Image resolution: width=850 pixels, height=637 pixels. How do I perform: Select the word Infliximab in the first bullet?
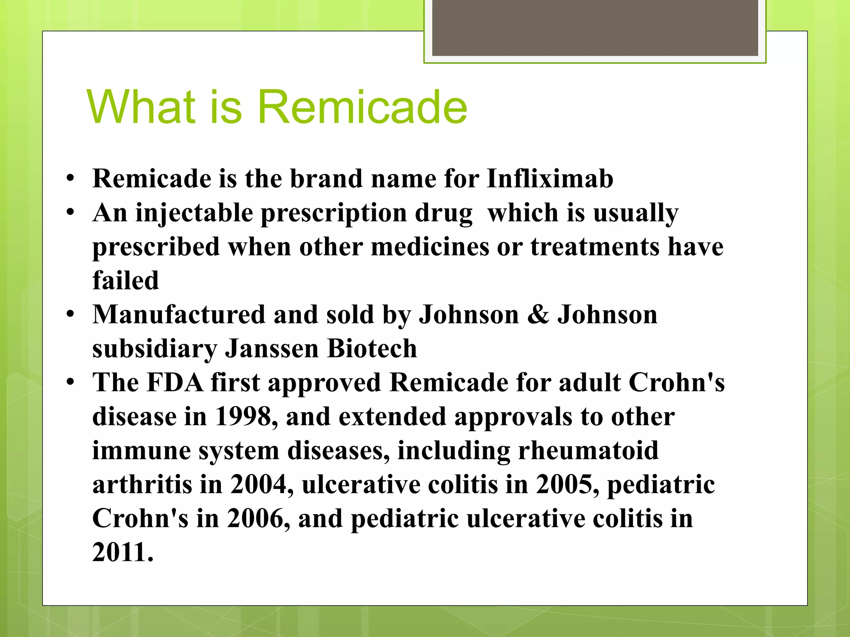click(550, 179)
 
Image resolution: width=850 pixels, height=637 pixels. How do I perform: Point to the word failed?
click(125, 281)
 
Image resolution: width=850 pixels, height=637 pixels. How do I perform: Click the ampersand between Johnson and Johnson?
click(538, 315)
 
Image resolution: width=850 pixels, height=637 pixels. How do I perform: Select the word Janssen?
click(271, 349)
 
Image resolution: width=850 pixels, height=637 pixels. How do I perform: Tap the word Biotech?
click(371, 349)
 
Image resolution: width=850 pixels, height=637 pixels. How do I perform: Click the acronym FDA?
click(175, 382)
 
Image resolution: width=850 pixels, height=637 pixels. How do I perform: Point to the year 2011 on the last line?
click(122, 552)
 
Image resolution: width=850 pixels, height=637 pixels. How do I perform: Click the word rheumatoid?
click(588, 451)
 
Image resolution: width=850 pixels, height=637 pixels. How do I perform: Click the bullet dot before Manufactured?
click(70, 314)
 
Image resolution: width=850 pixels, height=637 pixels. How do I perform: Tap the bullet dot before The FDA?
click(70, 382)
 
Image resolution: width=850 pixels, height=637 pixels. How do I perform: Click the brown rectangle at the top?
click(595, 27)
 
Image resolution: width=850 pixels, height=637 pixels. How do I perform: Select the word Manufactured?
click(178, 315)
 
